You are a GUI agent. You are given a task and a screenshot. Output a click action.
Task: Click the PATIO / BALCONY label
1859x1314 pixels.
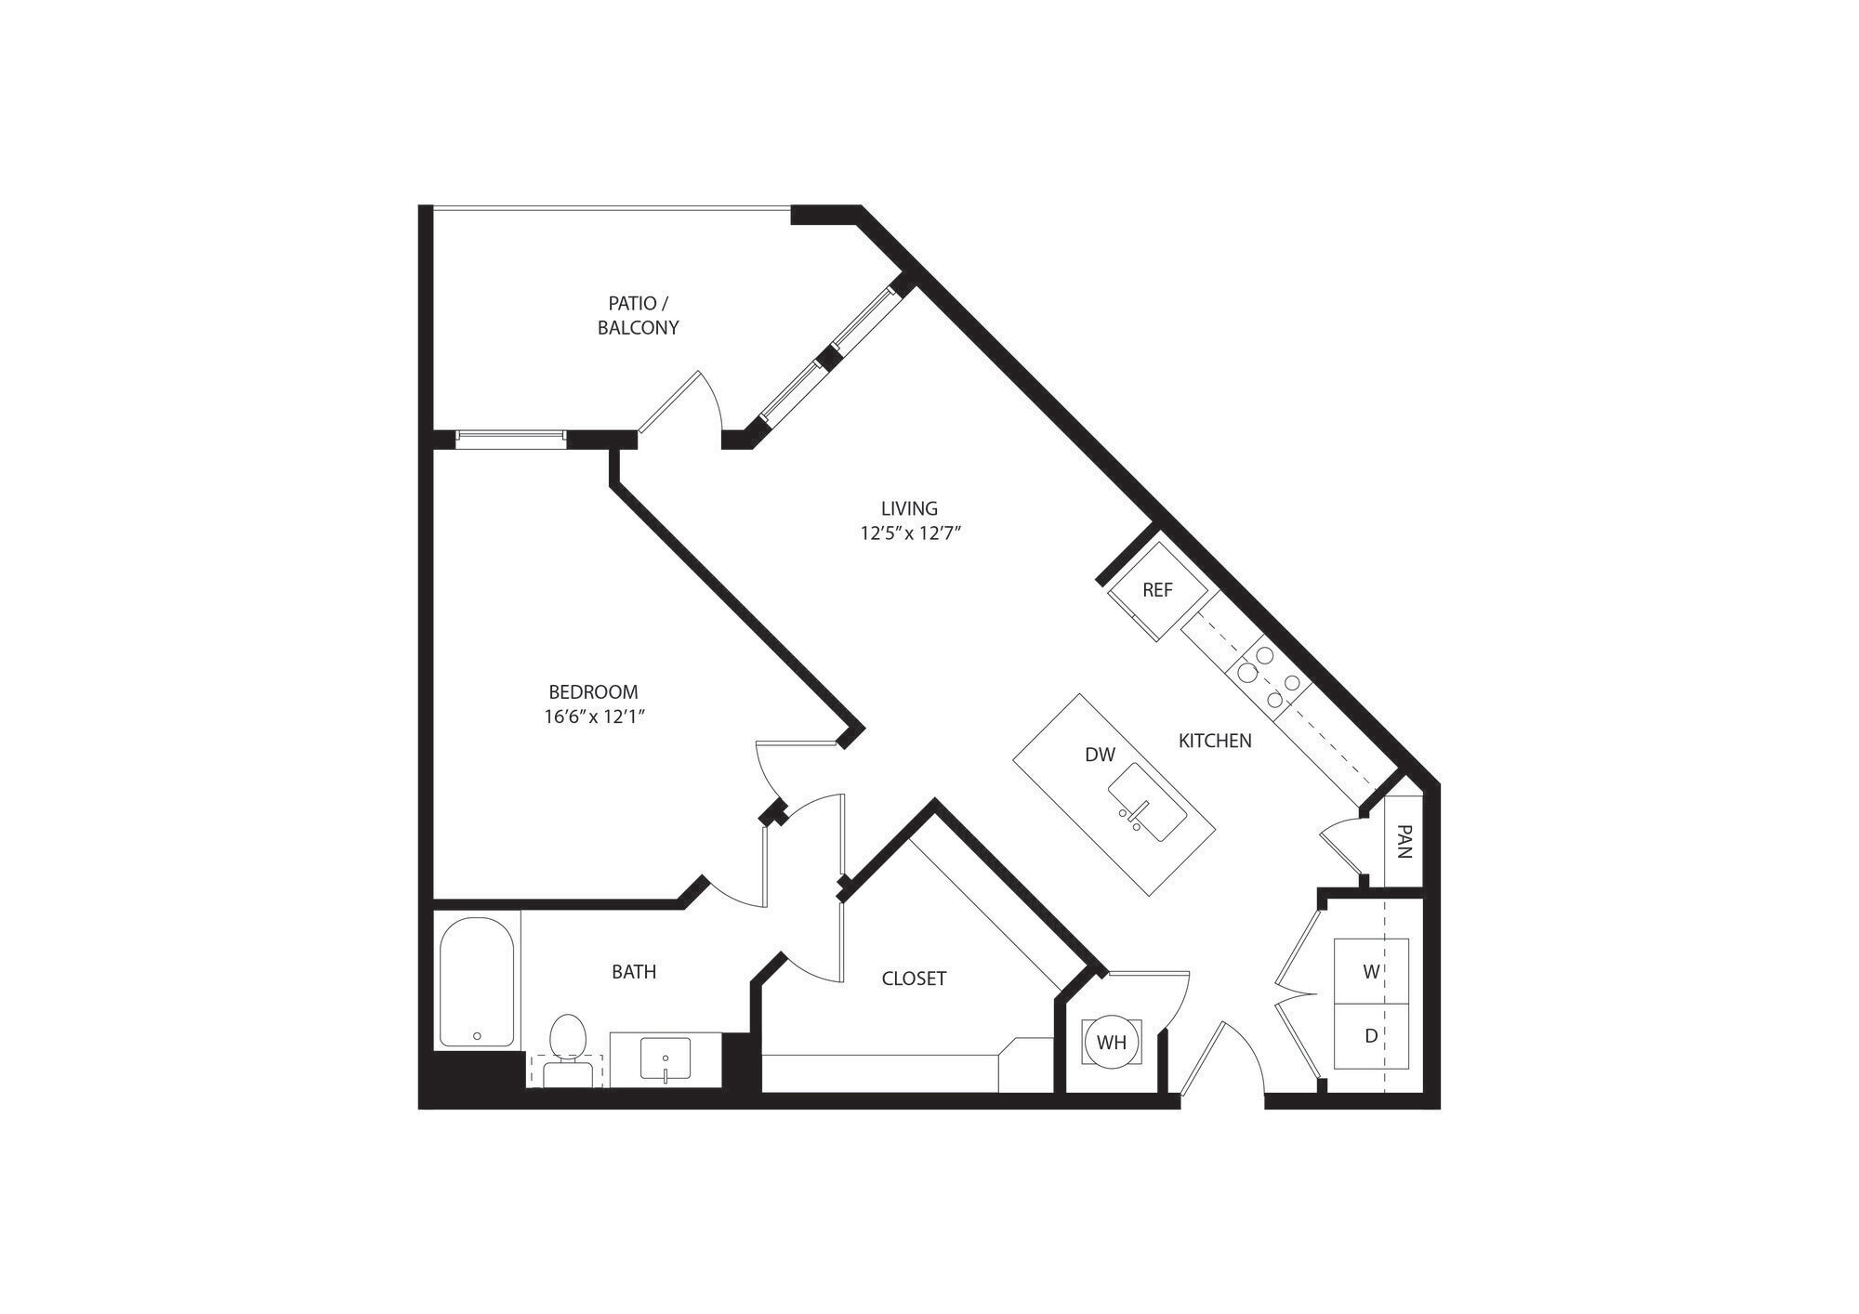(x=638, y=315)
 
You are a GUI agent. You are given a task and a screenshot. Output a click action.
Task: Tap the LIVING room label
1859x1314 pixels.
(x=909, y=508)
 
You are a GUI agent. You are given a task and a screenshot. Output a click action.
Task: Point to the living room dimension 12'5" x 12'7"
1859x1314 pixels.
(x=909, y=533)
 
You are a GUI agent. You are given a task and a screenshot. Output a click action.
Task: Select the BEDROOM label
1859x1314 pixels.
(x=593, y=691)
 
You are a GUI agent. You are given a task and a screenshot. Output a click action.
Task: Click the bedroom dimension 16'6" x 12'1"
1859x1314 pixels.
(x=595, y=716)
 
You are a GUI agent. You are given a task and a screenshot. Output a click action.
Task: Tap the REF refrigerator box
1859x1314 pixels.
(x=1157, y=590)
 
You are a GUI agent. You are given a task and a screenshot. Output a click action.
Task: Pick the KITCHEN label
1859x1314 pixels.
(x=1215, y=741)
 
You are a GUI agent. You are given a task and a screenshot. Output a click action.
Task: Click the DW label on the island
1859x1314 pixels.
(x=1100, y=755)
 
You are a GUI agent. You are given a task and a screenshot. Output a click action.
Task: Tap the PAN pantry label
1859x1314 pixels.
(x=1404, y=842)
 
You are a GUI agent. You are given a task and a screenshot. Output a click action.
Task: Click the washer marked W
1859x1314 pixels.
(x=1371, y=972)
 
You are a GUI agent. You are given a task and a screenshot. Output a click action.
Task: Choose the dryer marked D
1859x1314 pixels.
(x=1371, y=1035)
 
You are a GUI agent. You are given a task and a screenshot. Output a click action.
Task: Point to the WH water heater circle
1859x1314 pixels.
(x=1111, y=1042)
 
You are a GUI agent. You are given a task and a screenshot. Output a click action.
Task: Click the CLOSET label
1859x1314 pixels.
(x=914, y=979)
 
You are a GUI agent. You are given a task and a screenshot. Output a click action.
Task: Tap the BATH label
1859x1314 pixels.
(x=634, y=972)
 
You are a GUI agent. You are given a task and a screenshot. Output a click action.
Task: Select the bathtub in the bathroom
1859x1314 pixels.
(x=476, y=982)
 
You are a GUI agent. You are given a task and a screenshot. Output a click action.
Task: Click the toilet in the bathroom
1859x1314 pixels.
(x=567, y=1048)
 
